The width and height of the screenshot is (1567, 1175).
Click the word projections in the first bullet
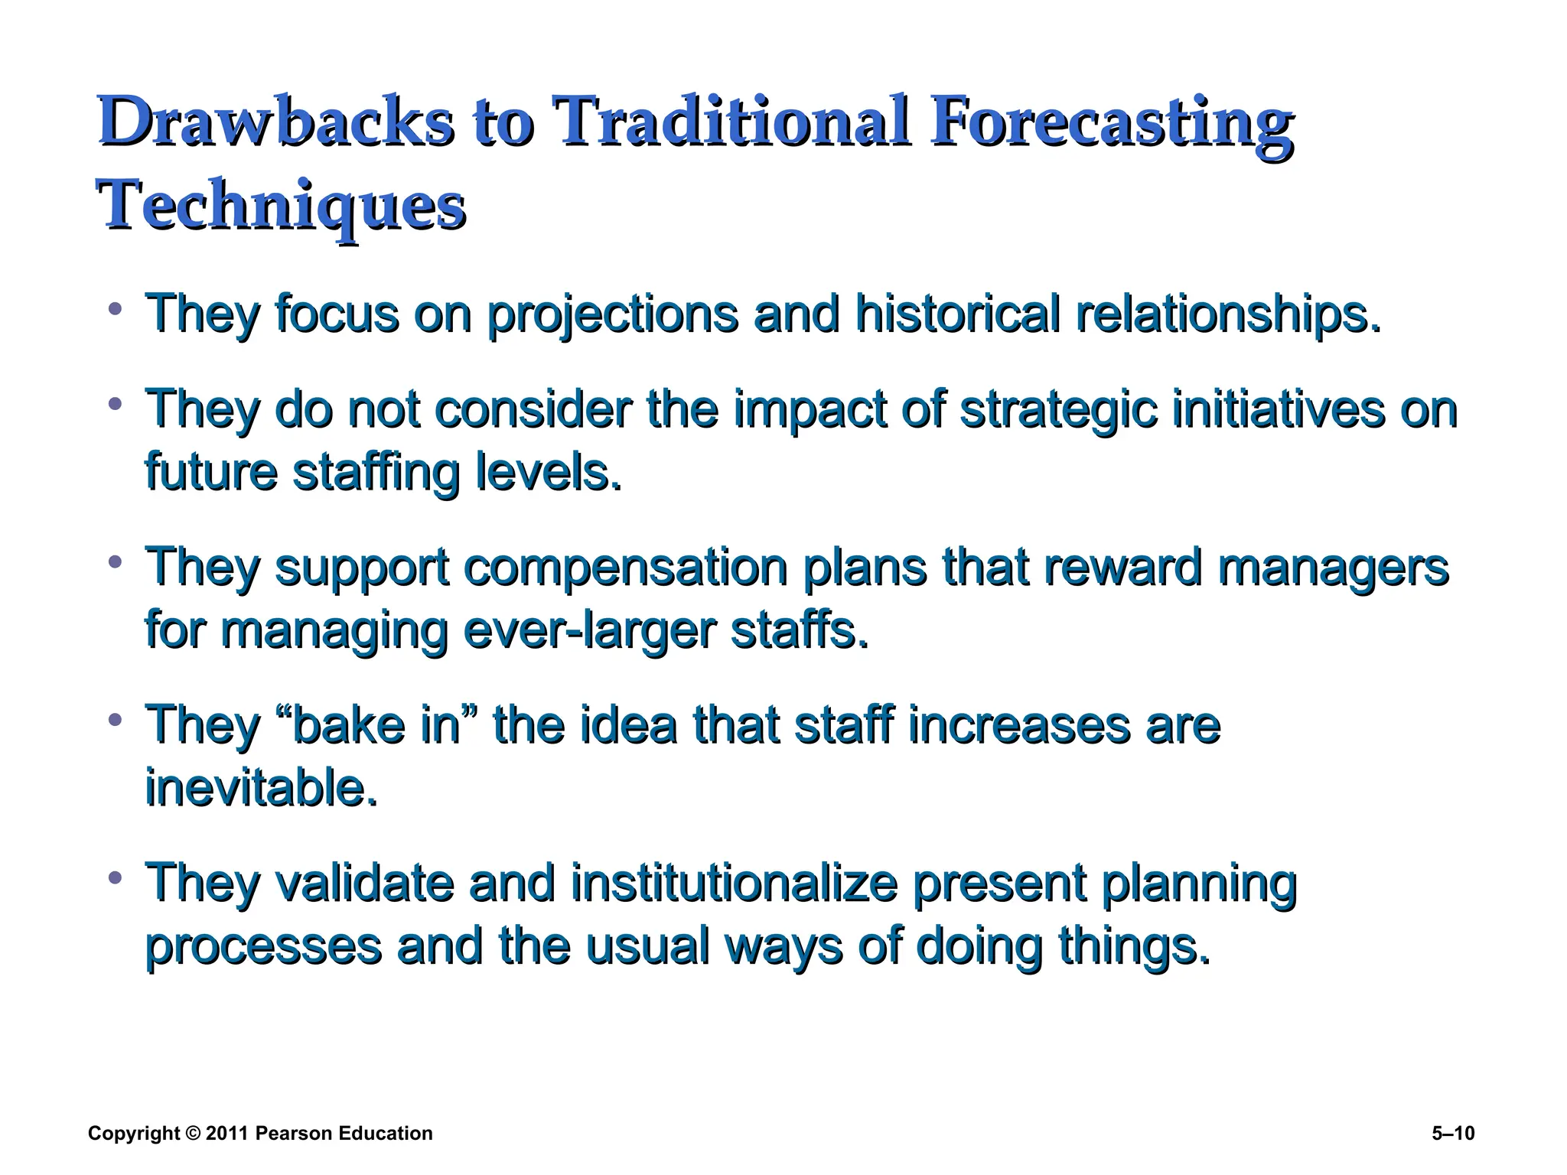612,315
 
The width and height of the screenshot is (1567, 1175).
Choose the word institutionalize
733,883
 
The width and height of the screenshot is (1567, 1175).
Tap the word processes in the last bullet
262,947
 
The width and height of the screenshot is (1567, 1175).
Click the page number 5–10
1452,1134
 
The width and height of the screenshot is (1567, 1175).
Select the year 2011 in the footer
227,1134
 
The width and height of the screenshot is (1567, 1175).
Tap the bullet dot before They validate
116,877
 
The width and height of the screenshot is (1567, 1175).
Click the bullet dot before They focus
116,309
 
